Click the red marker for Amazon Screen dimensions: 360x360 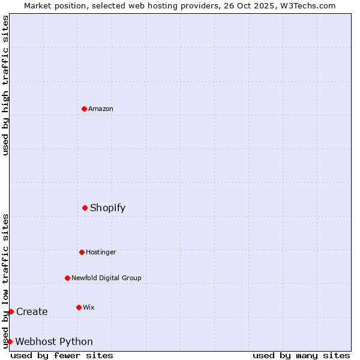tap(84, 109)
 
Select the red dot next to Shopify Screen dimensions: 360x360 tap(85, 208)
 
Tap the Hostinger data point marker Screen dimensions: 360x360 tap(82, 252)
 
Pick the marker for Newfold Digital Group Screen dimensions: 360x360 tap(67, 278)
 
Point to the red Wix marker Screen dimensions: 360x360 tap(79, 307)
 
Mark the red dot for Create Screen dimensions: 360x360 tap(11, 311)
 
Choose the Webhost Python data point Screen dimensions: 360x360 tap(10, 341)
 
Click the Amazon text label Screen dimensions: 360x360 tap(101, 109)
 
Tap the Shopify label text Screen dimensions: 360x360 tap(108, 208)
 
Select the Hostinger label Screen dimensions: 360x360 tap(101, 252)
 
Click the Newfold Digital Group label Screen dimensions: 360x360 tap(106, 278)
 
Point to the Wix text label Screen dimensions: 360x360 tap(89, 307)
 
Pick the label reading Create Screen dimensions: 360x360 tap(32, 311)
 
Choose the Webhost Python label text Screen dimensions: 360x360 tap(54, 341)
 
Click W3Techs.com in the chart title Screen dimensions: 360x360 tap(307, 5)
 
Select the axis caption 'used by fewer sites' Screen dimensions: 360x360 tap(62, 355)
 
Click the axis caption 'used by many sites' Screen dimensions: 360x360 tap(301, 355)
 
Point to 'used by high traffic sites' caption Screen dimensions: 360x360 tap(5, 85)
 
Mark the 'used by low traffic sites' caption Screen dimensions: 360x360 tap(5, 281)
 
